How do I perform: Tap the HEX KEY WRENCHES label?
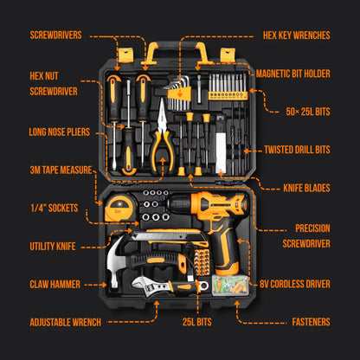tap(296, 36)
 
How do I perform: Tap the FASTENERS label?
tap(310, 322)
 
